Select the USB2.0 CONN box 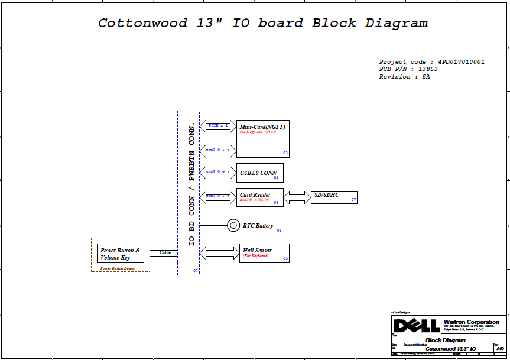(x=259, y=173)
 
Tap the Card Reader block (x=260, y=197)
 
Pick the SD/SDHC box (x=333, y=197)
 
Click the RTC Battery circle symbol (x=233, y=225)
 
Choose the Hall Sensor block (x=264, y=254)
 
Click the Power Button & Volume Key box (x=120, y=254)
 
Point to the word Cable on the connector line (x=165, y=252)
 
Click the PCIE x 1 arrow (x=218, y=126)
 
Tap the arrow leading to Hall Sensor (x=219, y=254)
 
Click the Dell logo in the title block (x=417, y=326)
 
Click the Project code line (x=432, y=62)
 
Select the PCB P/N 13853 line (x=408, y=69)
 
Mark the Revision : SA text (x=404, y=77)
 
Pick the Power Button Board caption (x=117, y=268)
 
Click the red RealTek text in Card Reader (x=254, y=201)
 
